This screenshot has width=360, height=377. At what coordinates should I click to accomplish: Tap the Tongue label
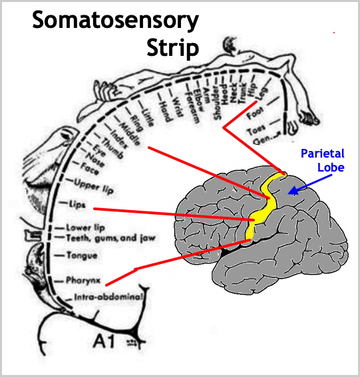pos(82,255)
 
